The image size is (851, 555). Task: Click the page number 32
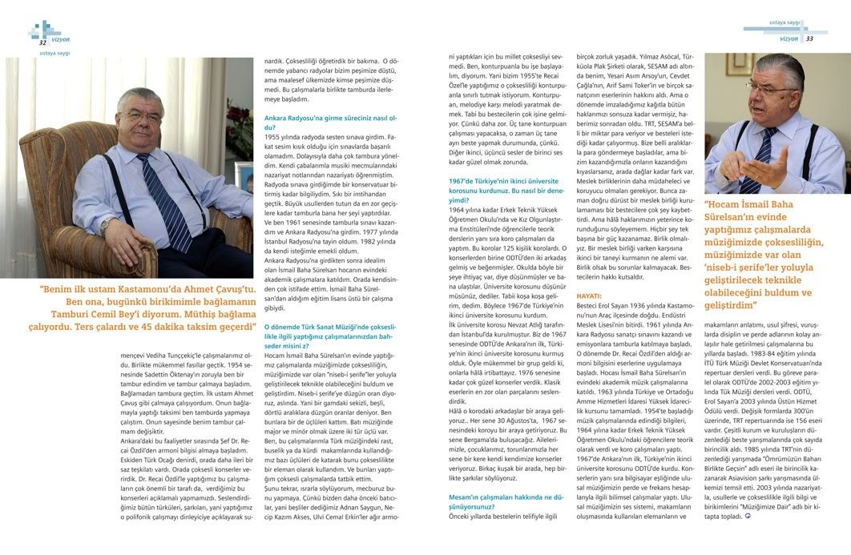pyautogui.click(x=31, y=42)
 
